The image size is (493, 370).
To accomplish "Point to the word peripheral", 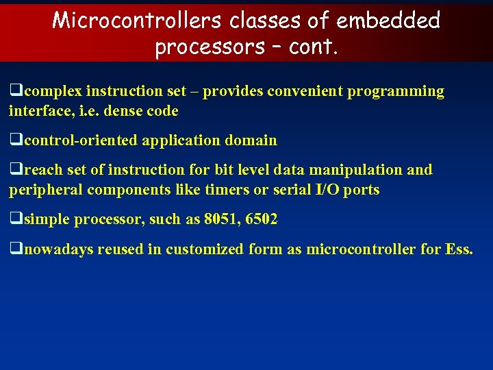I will coord(42,190).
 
